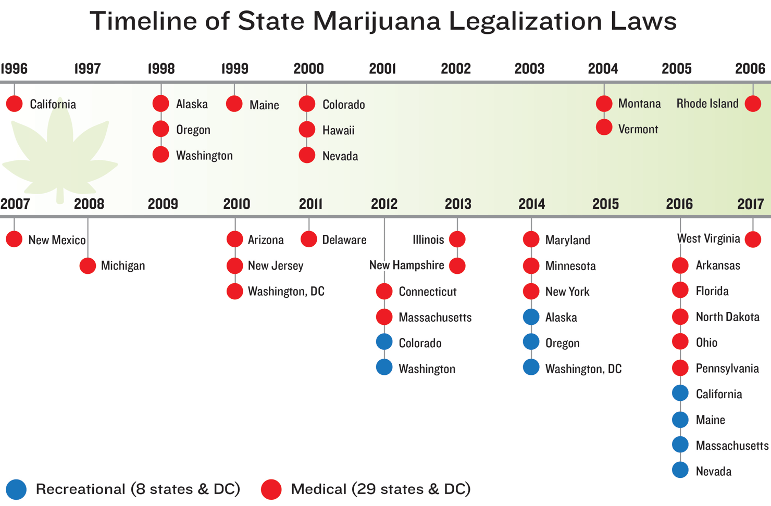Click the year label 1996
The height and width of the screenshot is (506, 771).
click(x=14, y=69)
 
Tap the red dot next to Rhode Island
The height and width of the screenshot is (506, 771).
click(x=753, y=104)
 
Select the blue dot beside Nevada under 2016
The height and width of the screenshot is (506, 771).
click(x=680, y=470)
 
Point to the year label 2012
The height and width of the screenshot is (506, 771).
click(x=384, y=204)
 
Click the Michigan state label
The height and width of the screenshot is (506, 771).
click(x=123, y=265)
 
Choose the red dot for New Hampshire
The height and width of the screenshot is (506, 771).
click(x=457, y=265)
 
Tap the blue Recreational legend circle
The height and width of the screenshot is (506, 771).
click(x=16, y=489)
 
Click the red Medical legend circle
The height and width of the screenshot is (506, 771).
click(x=271, y=489)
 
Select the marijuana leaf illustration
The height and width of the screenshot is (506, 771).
click(x=60, y=151)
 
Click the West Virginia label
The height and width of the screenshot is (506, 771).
click(x=708, y=239)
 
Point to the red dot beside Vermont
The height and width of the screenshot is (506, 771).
click(x=604, y=128)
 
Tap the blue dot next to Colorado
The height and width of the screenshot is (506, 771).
click(x=384, y=342)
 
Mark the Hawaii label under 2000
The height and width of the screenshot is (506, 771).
click(x=338, y=131)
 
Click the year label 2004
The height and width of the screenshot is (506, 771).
click(x=603, y=69)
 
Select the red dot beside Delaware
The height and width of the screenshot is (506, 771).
click(x=309, y=239)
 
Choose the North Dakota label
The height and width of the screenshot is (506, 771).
click(x=727, y=317)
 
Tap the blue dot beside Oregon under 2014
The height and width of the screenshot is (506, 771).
click(x=531, y=342)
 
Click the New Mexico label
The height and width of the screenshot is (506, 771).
click(x=57, y=240)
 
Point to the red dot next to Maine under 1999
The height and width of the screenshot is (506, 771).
click(x=234, y=104)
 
